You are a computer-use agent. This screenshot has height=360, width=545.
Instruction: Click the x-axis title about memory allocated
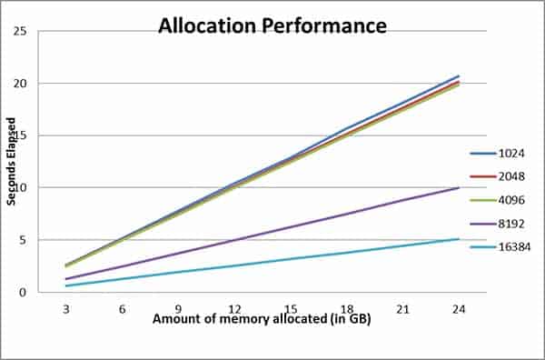[x=262, y=320]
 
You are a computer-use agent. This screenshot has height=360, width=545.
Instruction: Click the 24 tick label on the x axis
[x=459, y=309]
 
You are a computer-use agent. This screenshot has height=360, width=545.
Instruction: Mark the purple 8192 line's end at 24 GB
[x=459, y=188]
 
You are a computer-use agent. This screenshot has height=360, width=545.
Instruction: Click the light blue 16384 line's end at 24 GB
[x=459, y=239]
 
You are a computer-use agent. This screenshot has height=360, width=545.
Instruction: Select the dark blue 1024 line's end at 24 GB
[x=459, y=76]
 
